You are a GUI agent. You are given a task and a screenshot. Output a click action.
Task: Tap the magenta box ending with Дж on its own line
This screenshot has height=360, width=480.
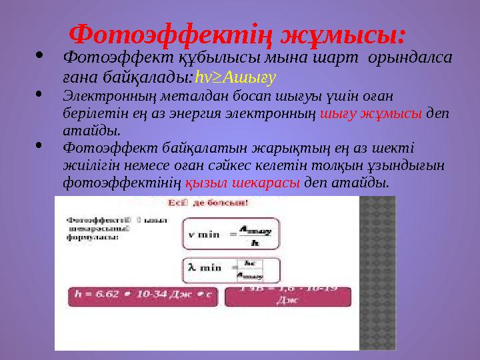[x=288, y=296]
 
